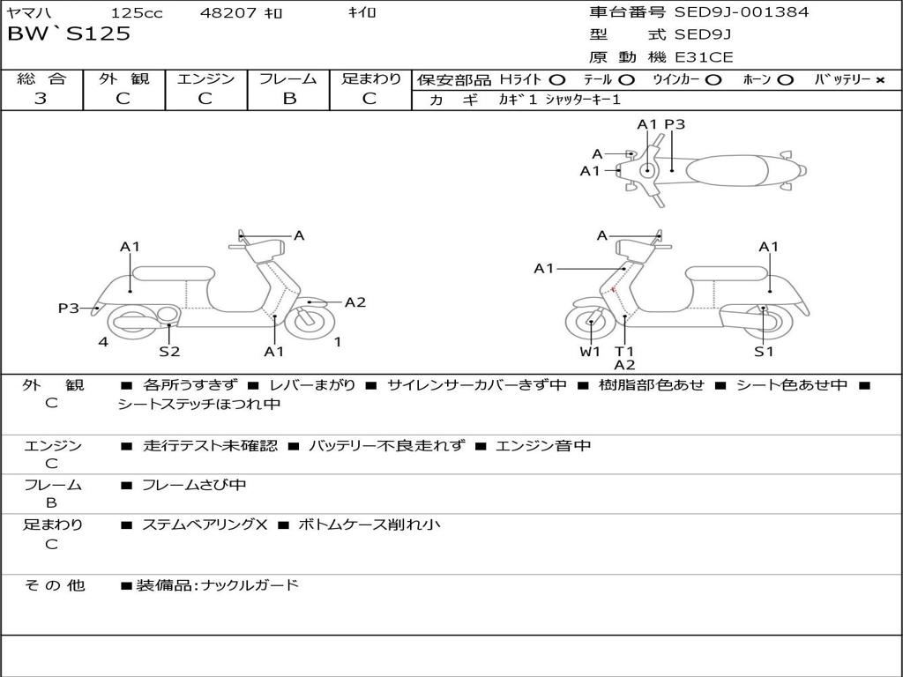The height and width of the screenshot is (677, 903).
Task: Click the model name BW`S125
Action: tap(69, 34)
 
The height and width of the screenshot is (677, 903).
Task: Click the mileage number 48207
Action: tap(228, 13)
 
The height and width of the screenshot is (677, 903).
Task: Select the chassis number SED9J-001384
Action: tap(741, 12)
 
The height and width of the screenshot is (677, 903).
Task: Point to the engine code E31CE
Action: tap(704, 57)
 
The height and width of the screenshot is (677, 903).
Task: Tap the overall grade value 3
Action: tap(41, 99)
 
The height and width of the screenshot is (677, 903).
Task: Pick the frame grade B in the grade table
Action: tap(288, 99)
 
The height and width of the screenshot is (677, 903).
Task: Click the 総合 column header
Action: tap(41, 79)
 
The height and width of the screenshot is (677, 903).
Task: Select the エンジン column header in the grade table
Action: tap(205, 79)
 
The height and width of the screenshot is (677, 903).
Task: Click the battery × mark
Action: tap(879, 79)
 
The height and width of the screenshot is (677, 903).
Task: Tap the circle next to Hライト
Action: tap(557, 79)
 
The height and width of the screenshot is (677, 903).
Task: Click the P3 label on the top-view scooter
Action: tap(675, 124)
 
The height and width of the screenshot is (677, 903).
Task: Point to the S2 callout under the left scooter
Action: tap(169, 352)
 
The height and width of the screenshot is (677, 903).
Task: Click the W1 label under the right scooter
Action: tap(590, 352)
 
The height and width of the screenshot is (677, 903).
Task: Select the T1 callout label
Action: tap(624, 352)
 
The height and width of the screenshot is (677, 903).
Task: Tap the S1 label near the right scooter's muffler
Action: tap(764, 352)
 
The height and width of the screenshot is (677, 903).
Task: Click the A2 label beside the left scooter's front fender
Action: tap(354, 302)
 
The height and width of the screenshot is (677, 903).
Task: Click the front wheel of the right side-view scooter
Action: tap(590, 324)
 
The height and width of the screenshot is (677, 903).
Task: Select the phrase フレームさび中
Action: tap(194, 485)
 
